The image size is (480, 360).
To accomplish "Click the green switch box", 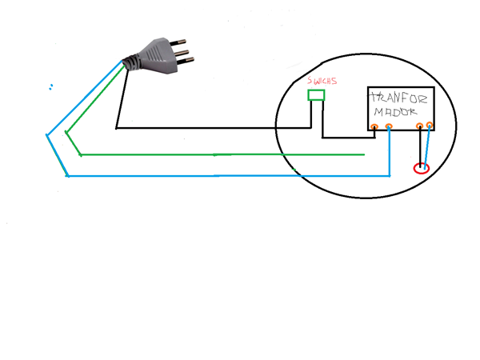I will coord(317,96).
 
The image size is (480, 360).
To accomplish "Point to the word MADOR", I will coord(398,114).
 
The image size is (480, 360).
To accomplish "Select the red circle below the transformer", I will coord(421,169).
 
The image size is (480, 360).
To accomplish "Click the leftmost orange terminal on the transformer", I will coord(374,126).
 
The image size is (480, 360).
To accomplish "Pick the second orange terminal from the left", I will coord(389,126).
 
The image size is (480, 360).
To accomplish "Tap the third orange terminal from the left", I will coord(420,126).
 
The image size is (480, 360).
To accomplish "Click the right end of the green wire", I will coord(364,154).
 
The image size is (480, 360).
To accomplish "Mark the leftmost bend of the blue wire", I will coord(47,134).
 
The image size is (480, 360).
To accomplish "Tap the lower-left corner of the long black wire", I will coord(117,127).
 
